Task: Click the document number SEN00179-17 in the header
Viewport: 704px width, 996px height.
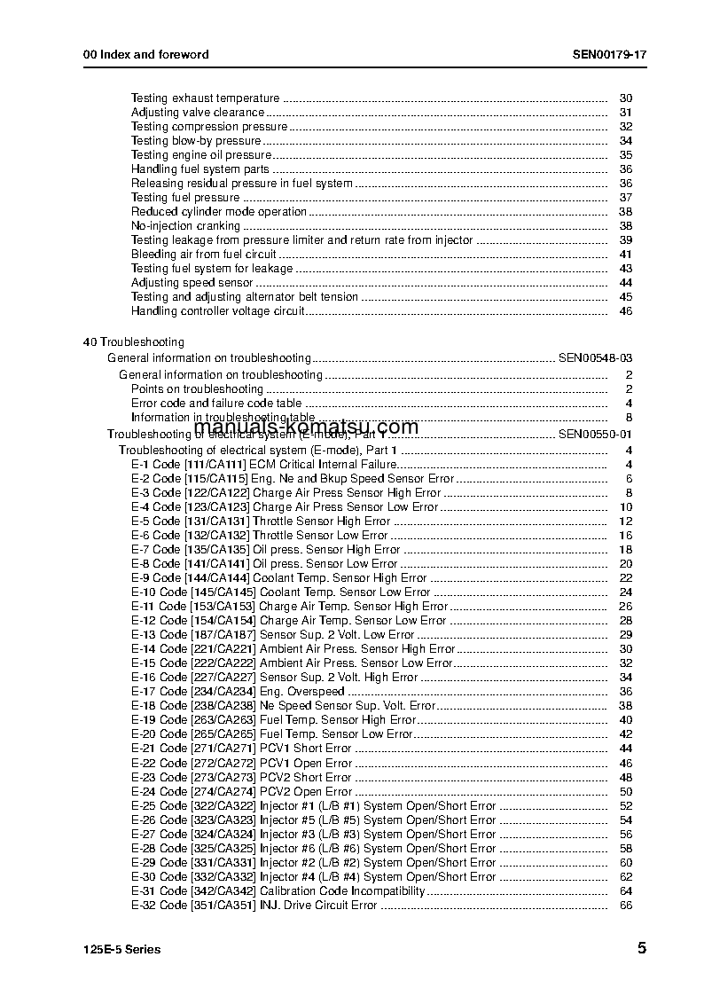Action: [x=609, y=54]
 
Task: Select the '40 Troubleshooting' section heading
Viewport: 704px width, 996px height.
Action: [x=133, y=341]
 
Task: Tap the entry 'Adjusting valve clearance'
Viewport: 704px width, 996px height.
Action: [x=198, y=113]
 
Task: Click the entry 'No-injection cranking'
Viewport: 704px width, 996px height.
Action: [x=185, y=226]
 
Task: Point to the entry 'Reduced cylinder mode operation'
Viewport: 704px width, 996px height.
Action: [x=219, y=212]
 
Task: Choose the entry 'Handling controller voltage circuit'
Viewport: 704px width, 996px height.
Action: [x=218, y=311]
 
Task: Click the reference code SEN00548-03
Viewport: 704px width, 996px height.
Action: [x=595, y=357]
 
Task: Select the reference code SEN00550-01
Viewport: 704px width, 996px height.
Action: [x=595, y=434]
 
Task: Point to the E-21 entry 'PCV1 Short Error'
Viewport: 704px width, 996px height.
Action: [x=305, y=749]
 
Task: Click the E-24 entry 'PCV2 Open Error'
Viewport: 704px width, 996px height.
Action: [x=305, y=791]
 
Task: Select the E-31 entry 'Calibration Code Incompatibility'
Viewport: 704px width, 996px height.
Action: [x=342, y=890]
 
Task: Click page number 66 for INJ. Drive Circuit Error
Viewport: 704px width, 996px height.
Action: [x=626, y=905]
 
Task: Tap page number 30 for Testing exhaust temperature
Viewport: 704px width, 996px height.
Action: [x=626, y=98]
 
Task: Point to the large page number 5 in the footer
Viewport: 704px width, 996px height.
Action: [x=641, y=948]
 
